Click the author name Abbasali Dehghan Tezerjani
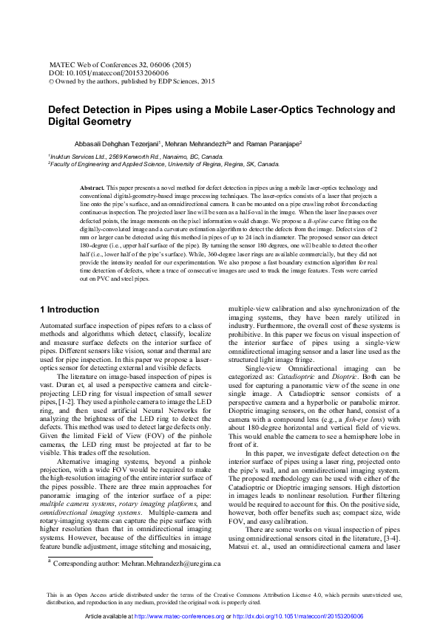click(133, 143)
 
